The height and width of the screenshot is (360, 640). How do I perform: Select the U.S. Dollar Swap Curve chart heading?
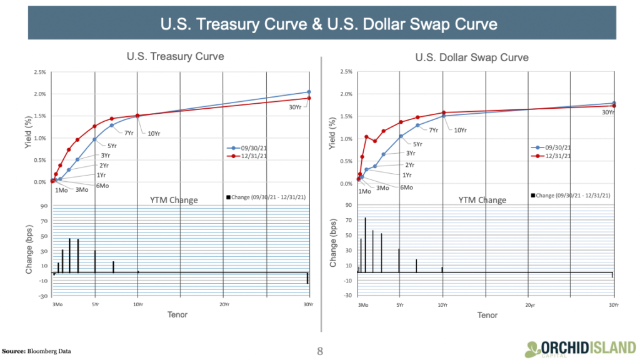tap(472, 57)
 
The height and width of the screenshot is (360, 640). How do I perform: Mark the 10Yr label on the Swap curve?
tap(459, 130)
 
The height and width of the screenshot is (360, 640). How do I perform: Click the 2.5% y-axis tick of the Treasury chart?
tap(39, 72)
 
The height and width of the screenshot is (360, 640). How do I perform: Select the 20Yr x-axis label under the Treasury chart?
tap(223, 304)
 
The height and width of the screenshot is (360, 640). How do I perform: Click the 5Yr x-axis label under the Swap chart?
tap(399, 304)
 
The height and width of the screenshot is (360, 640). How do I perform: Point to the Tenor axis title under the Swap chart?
tap(487, 315)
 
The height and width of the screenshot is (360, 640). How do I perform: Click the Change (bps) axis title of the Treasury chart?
tap(29, 250)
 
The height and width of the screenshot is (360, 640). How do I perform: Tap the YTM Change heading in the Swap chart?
tap(482, 200)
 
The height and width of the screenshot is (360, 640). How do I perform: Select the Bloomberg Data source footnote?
tap(37, 351)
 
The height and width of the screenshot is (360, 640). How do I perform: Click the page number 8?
tap(320, 351)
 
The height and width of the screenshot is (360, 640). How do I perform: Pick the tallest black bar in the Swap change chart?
tap(365, 244)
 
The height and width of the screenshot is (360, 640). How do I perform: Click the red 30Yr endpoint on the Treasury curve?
tap(309, 98)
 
